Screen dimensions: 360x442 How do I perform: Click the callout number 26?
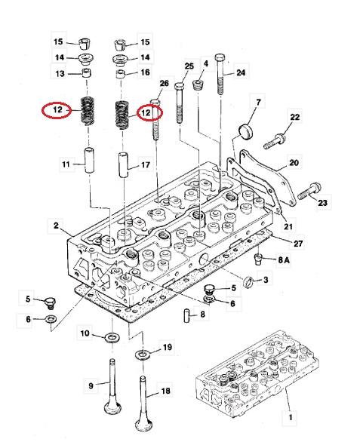165,83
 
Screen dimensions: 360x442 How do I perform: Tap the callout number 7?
258,102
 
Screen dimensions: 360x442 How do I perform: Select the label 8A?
284,259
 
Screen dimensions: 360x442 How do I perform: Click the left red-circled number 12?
57,109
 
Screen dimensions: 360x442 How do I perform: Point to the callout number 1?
291,416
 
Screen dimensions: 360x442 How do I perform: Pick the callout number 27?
298,243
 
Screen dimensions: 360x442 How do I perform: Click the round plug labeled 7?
246,131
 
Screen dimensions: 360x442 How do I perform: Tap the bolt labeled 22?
275,142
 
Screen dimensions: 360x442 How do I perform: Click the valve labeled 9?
112,386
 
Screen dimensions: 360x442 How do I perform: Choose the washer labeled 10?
112,337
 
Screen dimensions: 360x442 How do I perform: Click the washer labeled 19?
143,355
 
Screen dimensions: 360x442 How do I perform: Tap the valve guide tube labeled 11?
90,161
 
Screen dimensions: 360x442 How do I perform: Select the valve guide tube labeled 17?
123,165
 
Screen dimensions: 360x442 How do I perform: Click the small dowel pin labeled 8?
186,315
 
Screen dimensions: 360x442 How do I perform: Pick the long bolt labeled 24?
220,74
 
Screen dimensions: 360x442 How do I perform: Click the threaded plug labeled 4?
198,84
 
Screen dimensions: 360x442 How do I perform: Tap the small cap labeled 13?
87,72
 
